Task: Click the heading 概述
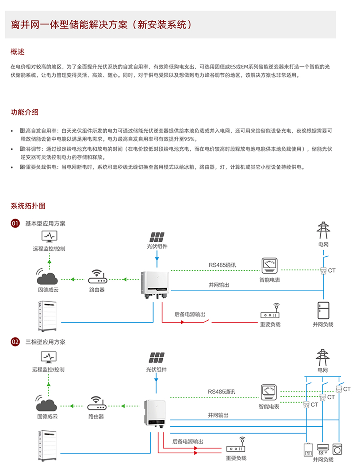18,52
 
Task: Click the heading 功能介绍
24,112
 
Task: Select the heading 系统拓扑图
28,206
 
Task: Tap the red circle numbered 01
15,223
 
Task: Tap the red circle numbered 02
15,342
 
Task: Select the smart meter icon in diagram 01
269,266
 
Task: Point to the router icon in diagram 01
96,277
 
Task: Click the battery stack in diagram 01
47,315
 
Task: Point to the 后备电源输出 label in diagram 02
188,442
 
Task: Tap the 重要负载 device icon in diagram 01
270,313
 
